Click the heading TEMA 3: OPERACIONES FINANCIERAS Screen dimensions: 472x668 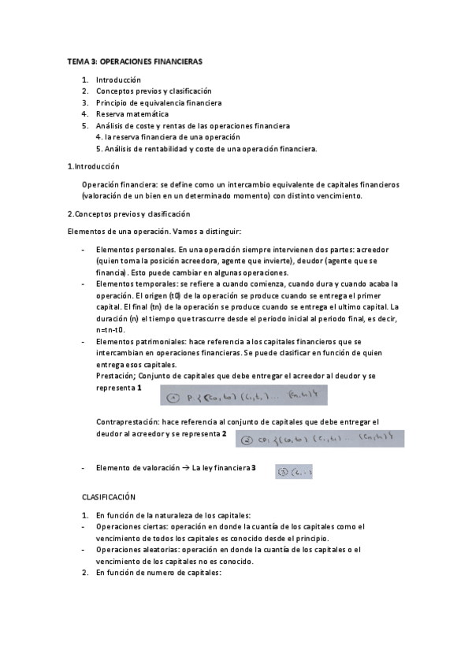point(135,61)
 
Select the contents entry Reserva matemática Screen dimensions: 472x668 point(132,113)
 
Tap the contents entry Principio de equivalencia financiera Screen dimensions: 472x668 point(158,102)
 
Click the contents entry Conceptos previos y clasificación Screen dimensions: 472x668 point(154,91)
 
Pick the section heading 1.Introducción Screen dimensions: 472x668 point(94,166)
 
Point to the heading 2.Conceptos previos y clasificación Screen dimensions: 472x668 point(129,213)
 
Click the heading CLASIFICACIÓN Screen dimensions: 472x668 point(110,498)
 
